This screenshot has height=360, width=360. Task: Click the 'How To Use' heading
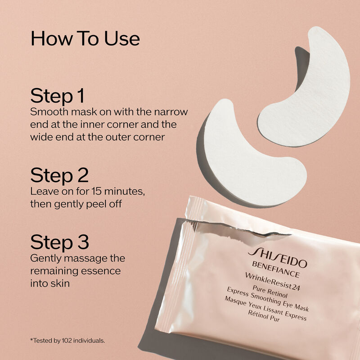point(85,39)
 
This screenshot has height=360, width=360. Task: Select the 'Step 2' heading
point(59,175)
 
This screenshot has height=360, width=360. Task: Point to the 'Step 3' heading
point(59,242)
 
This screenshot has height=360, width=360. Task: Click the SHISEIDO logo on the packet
point(277,258)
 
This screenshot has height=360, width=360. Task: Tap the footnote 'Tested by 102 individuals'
point(67,341)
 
